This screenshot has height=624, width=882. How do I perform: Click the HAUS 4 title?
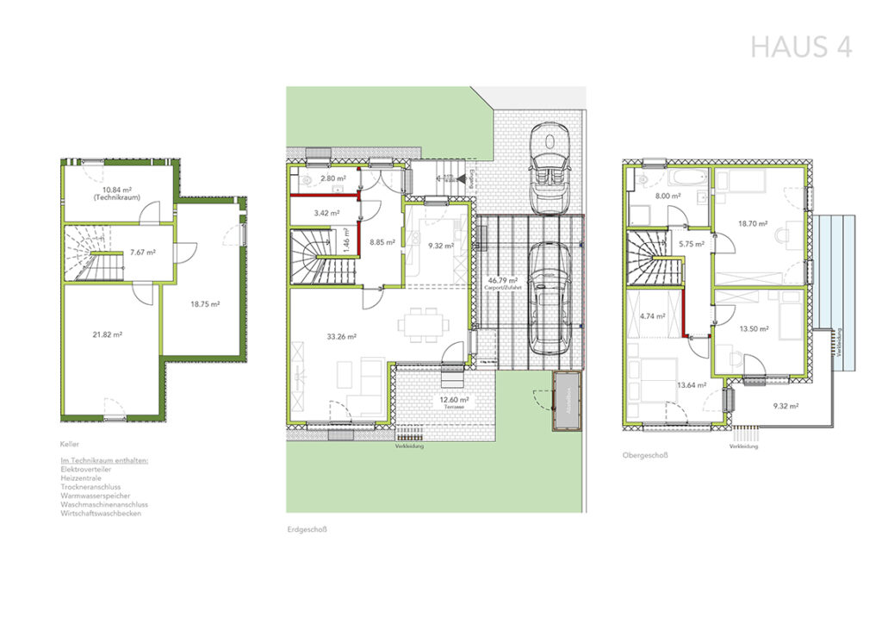801,47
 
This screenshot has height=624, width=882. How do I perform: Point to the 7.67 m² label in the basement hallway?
142,253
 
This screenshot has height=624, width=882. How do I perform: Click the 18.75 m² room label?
205,303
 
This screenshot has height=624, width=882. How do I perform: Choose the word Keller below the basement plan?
70,445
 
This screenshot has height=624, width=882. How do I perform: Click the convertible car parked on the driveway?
548,168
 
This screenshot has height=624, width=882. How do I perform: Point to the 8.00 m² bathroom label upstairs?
668,196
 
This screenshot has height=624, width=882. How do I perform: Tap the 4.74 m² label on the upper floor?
654,316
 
